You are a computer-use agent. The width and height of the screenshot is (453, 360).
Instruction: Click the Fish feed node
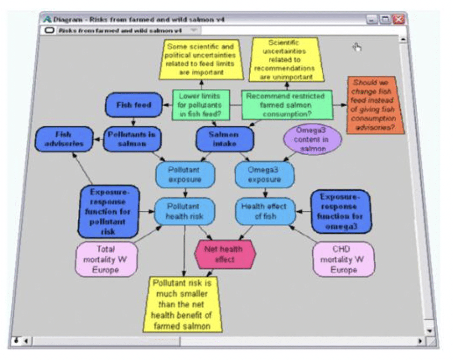(134, 105)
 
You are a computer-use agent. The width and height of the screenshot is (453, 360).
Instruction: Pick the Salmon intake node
(225, 139)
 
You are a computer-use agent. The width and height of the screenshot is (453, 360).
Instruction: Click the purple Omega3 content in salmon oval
(312, 139)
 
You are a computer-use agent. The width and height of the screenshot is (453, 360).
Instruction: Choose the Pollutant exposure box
(185, 175)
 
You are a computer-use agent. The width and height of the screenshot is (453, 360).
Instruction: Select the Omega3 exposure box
(265, 175)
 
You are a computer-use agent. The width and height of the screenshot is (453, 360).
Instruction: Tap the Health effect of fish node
(265, 211)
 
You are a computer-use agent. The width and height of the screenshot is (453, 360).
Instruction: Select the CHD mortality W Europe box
(343, 259)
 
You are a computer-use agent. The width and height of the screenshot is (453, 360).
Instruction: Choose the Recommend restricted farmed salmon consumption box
(286, 105)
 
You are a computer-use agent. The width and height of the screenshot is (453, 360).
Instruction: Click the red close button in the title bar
(398, 20)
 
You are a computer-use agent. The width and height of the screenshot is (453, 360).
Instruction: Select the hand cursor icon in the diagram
(357, 47)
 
